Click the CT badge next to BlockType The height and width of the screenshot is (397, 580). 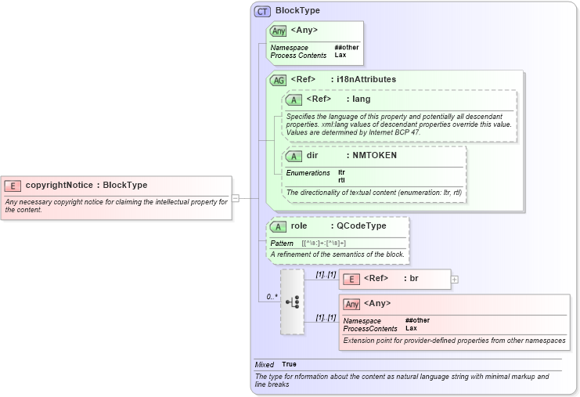[x=262, y=11]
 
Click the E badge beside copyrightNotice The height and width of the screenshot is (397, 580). [x=13, y=186]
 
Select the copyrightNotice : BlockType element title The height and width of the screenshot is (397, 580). [x=86, y=186]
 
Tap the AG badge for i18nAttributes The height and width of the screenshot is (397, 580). [x=278, y=80]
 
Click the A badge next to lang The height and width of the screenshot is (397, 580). [x=294, y=99]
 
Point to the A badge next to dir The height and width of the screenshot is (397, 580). [x=294, y=156]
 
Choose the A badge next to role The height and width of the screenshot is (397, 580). [x=278, y=226]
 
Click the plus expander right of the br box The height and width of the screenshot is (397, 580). [x=455, y=279]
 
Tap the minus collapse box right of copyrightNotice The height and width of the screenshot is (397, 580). [x=236, y=198]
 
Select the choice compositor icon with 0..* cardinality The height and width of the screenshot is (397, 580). [x=292, y=301]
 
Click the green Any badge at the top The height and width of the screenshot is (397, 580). [x=278, y=31]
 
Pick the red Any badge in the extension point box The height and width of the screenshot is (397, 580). [x=351, y=304]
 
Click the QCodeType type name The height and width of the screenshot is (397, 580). [x=361, y=226]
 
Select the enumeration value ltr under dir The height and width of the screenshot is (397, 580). [x=341, y=172]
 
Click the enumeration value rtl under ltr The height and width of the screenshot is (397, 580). [x=341, y=180]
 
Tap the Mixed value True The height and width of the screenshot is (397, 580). [x=289, y=365]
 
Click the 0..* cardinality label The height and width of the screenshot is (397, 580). [x=272, y=297]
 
